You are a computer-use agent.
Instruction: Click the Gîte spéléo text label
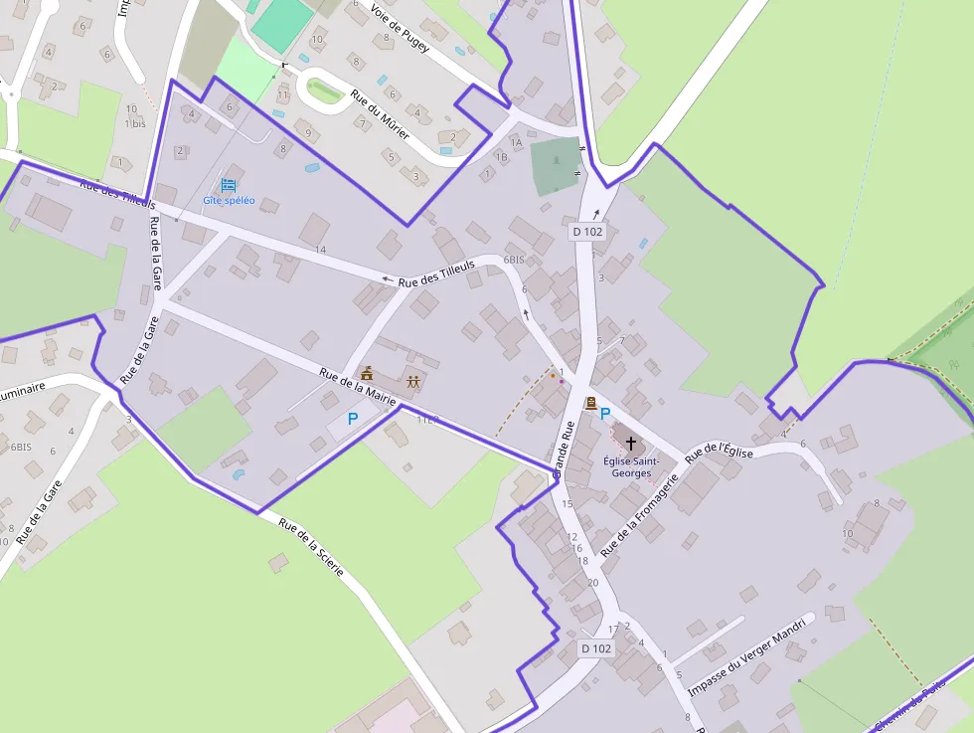[229, 201]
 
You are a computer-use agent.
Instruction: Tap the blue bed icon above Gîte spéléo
[229, 185]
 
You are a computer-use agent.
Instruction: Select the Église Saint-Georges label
[627, 466]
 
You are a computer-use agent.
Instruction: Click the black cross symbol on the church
[630, 442]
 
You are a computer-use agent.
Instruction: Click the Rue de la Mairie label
[357, 387]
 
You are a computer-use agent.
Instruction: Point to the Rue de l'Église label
[720, 453]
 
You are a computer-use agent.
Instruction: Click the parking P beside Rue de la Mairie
[352, 420]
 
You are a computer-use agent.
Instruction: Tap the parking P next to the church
[605, 413]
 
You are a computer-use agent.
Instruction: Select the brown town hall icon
[368, 374]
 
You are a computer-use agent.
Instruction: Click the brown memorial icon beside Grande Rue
[590, 402]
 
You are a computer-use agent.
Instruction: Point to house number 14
[320, 249]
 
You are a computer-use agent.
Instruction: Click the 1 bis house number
[135, 123]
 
